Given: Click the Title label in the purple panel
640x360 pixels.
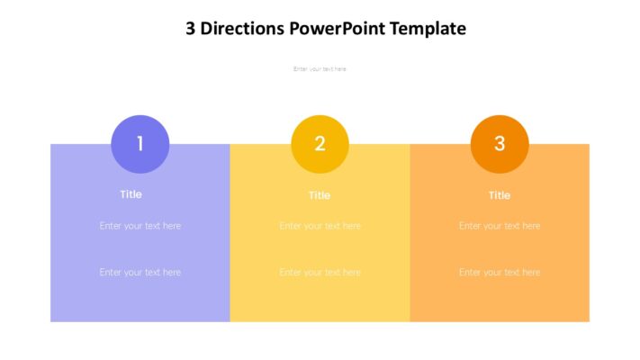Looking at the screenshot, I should tap(131, 194).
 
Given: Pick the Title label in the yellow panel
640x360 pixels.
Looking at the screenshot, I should tap(320, 195).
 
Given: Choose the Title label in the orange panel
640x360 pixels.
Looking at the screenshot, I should tap(500, 195).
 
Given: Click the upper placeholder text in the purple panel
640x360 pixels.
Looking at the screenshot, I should tap(140, 226).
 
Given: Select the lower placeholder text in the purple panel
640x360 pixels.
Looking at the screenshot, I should tap(140, 272).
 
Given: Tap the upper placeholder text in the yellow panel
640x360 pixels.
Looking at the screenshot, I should tap(320, 226).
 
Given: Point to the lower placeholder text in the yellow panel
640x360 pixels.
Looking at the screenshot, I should tap(320, 272).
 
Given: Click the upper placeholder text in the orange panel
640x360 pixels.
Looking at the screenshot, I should tap(500, 226).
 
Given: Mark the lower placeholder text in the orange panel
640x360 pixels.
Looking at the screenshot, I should tap(500, 272).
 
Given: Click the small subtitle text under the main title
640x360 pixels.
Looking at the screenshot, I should tap(320, 69).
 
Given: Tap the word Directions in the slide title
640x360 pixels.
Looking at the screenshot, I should tap(242, 28).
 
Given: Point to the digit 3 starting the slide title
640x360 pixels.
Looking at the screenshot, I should tap(191, 28).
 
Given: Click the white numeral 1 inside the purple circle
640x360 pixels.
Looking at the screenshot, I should tap(140, 143).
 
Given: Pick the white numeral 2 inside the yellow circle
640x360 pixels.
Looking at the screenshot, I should tap(320, 143).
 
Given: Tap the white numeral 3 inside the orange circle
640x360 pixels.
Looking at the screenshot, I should tap(500, 143).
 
